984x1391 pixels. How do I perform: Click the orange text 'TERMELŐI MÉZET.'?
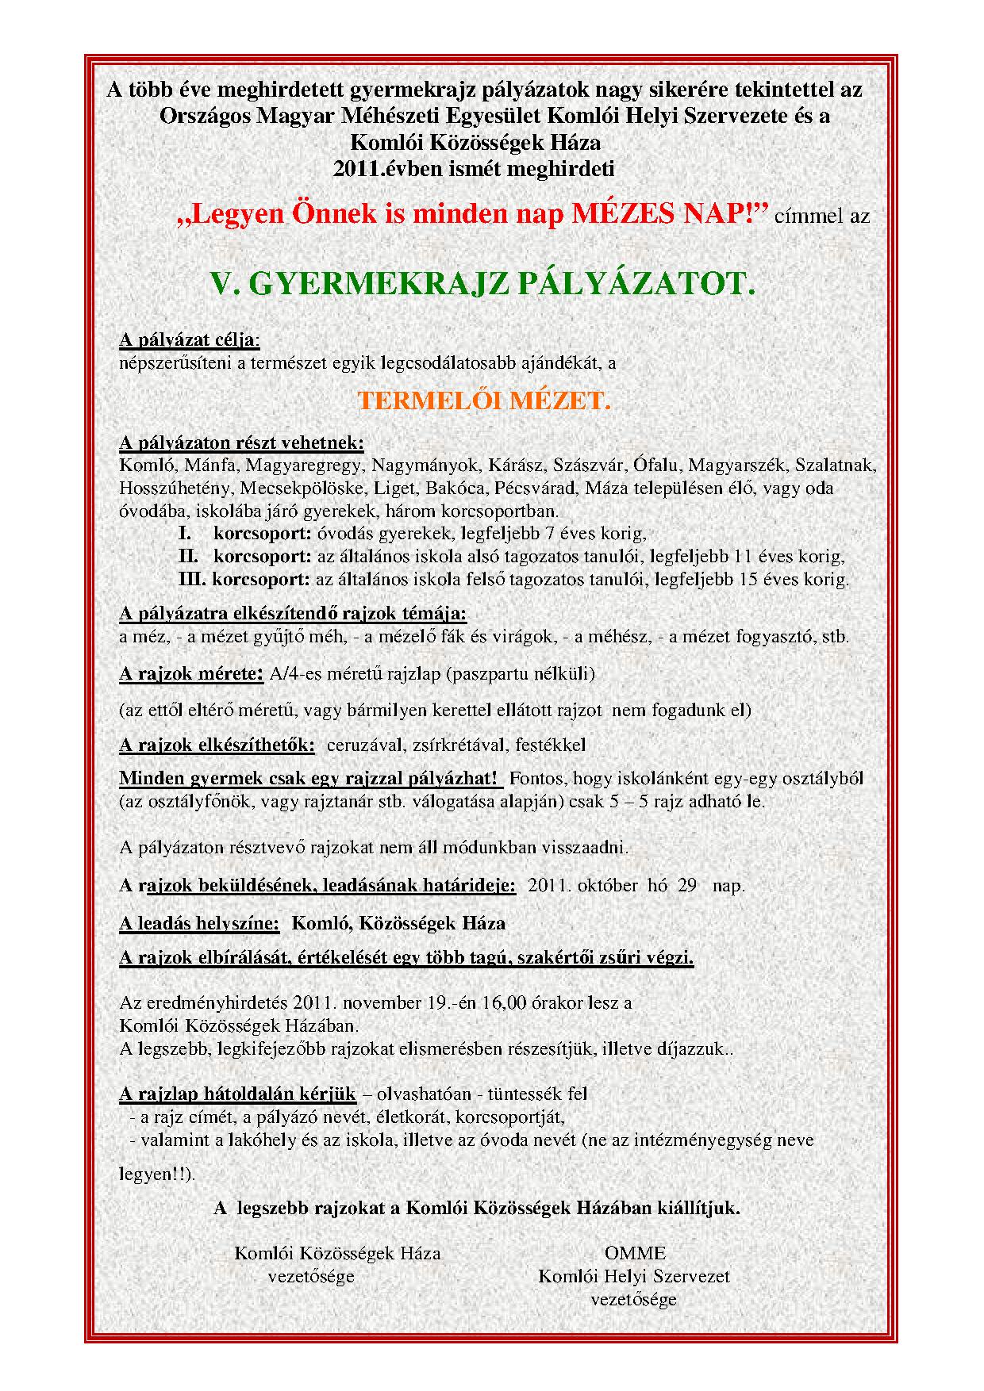click(484, 401)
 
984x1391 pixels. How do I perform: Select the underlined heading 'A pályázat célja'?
click(188, 341)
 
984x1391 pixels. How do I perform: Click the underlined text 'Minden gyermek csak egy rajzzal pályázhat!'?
click(309, 778)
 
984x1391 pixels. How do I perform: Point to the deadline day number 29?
click(687, 885)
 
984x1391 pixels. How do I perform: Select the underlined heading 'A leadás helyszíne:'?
click(199, 923)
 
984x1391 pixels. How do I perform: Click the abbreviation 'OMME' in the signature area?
click(635, 1253)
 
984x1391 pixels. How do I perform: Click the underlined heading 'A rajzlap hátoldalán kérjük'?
click(237, 1094)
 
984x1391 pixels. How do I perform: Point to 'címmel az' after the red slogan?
click(825, 216)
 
